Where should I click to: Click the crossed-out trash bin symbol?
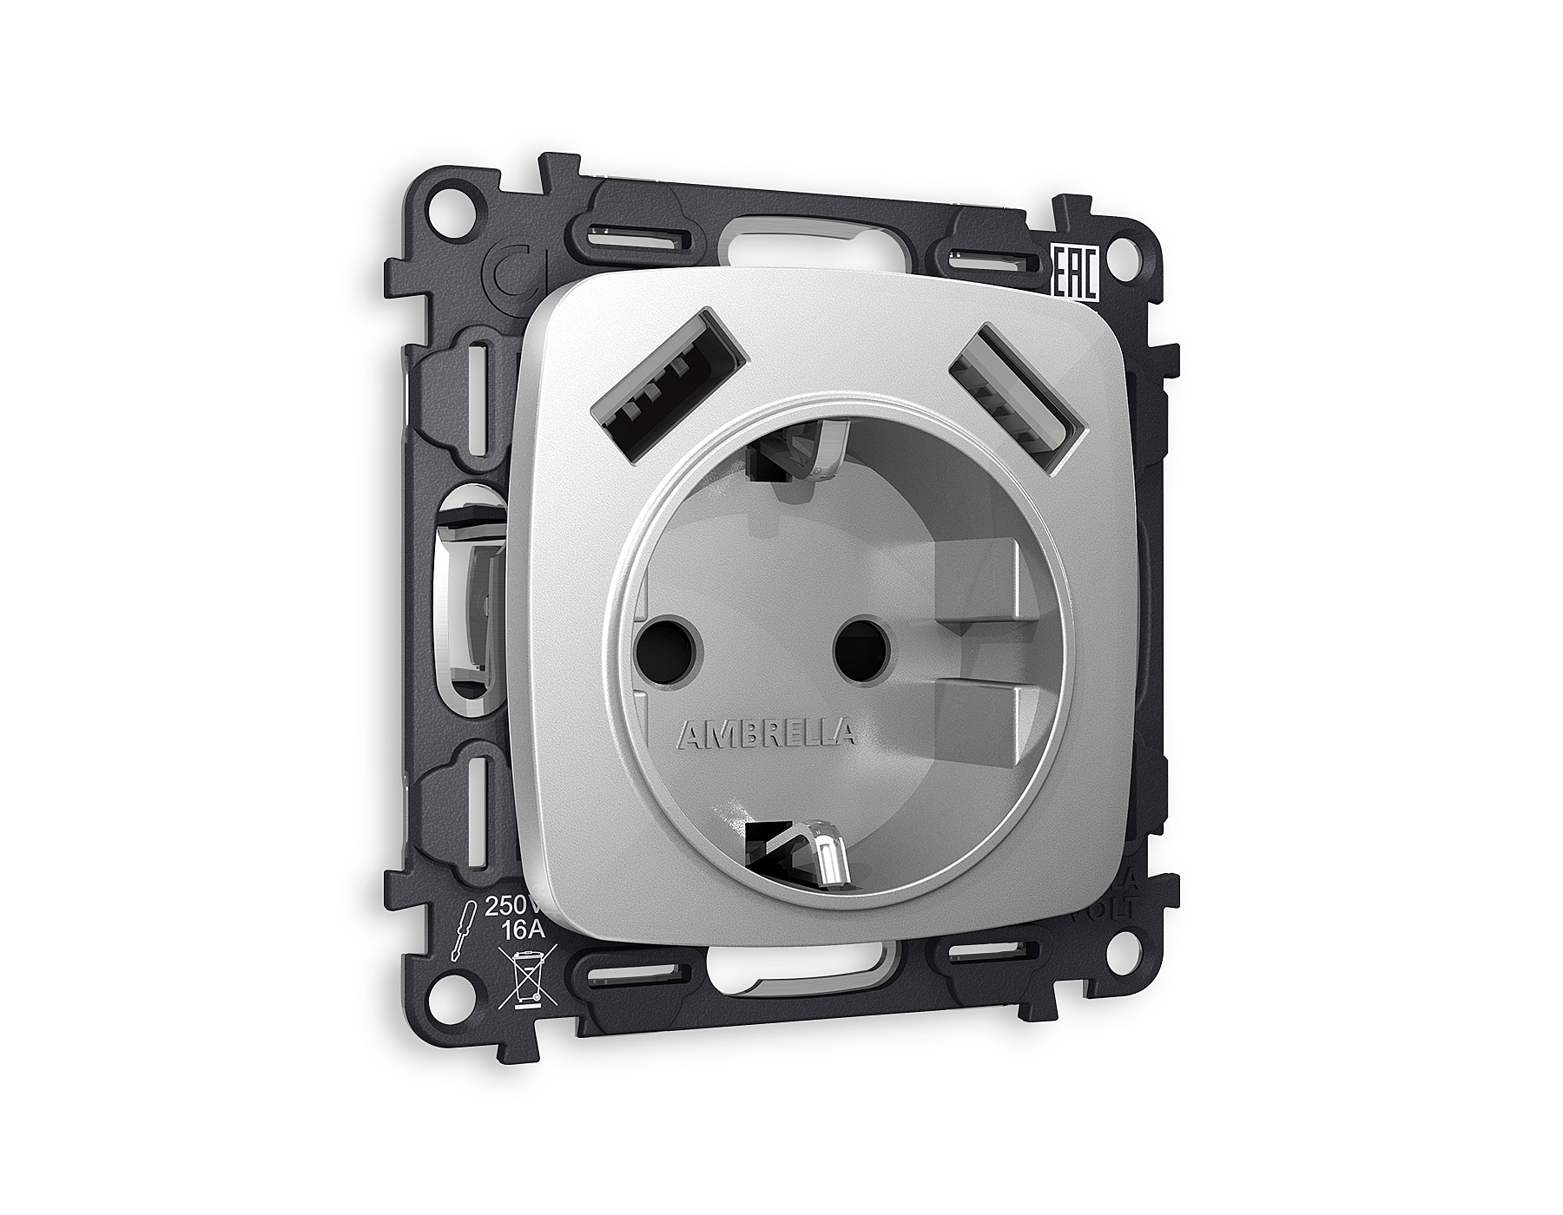[524, 980]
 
